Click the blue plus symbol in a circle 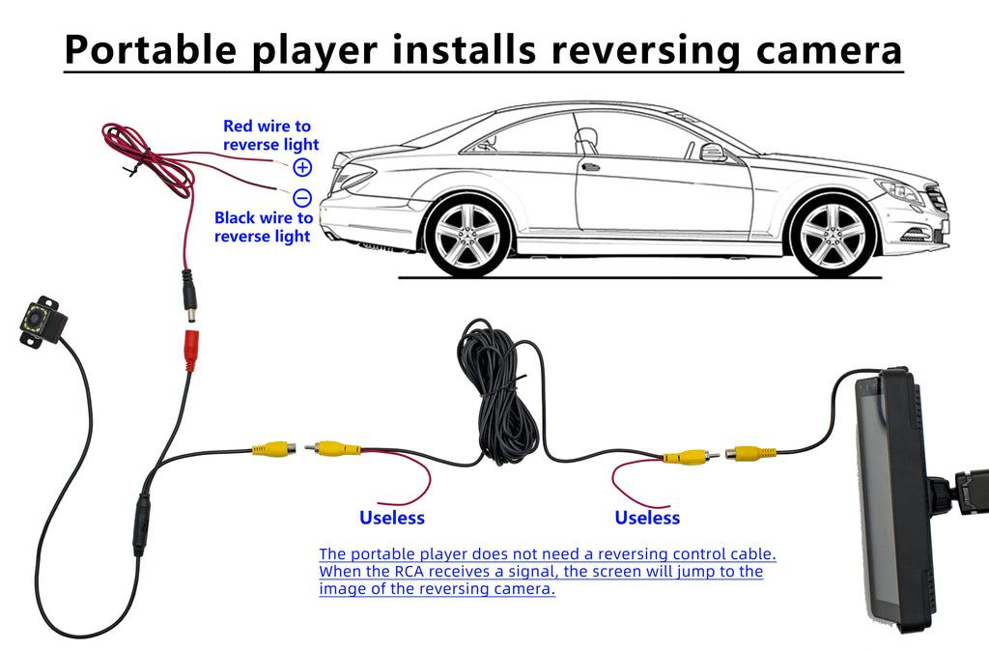[x=302, y=167]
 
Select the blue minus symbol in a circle [x=302, y=198]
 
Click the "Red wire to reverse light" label [x=267, y=135]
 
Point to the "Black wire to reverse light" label [x=263, y=227]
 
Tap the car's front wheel [x=832, y=237]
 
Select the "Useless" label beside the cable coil [x=392, y=518]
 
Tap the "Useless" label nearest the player [x=647, y=518]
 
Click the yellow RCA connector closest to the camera [x=273, y=448]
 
